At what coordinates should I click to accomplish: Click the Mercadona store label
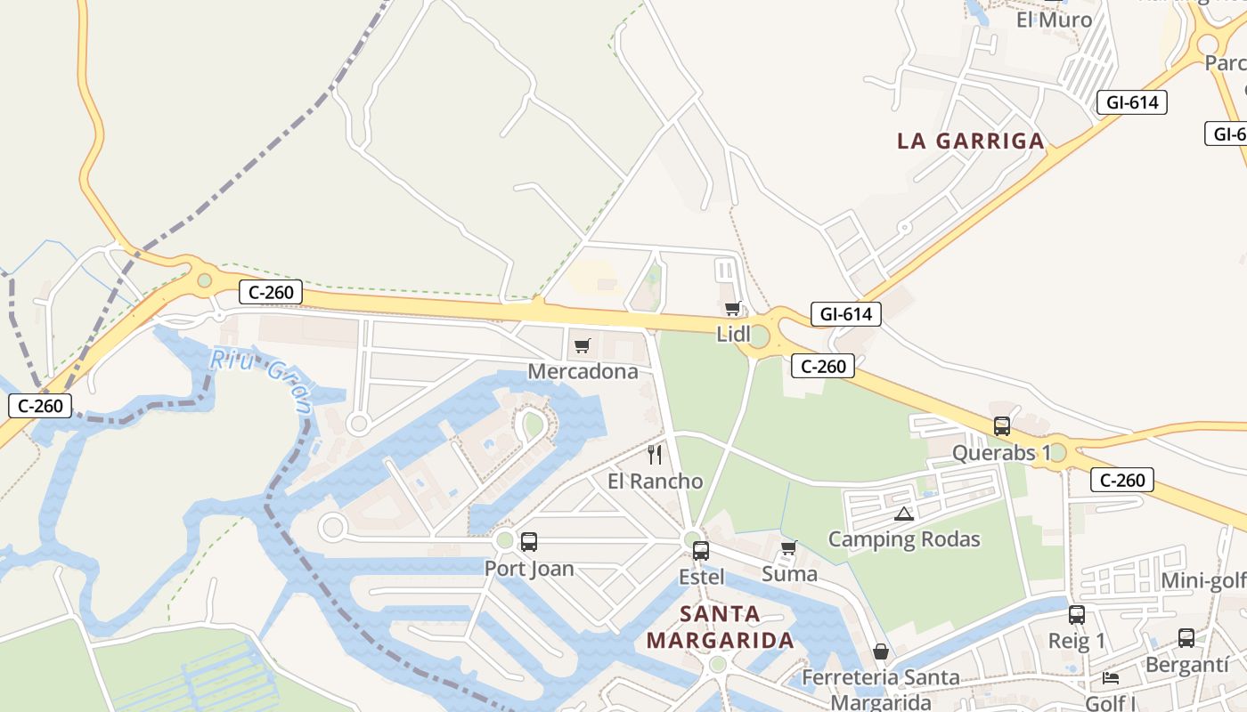583,371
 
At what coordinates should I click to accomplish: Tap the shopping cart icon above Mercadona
583,345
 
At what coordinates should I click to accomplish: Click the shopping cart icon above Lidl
732,309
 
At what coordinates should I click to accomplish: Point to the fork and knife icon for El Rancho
655,455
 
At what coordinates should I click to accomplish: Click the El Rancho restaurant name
655,481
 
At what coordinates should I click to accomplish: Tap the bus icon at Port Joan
529,541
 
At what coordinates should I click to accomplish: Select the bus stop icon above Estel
701,550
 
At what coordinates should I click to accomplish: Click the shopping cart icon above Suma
788,548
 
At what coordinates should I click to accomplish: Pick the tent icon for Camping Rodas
904,514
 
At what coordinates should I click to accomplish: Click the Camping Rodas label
904,539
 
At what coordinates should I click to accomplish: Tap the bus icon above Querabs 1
1002,426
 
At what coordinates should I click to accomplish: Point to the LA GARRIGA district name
971,141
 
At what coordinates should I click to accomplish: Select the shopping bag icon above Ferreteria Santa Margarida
880,651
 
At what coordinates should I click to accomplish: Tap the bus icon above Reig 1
1077,614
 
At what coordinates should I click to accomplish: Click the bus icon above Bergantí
1186,637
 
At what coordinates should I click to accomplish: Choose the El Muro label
1054,19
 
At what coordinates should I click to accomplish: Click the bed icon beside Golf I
1111,678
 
